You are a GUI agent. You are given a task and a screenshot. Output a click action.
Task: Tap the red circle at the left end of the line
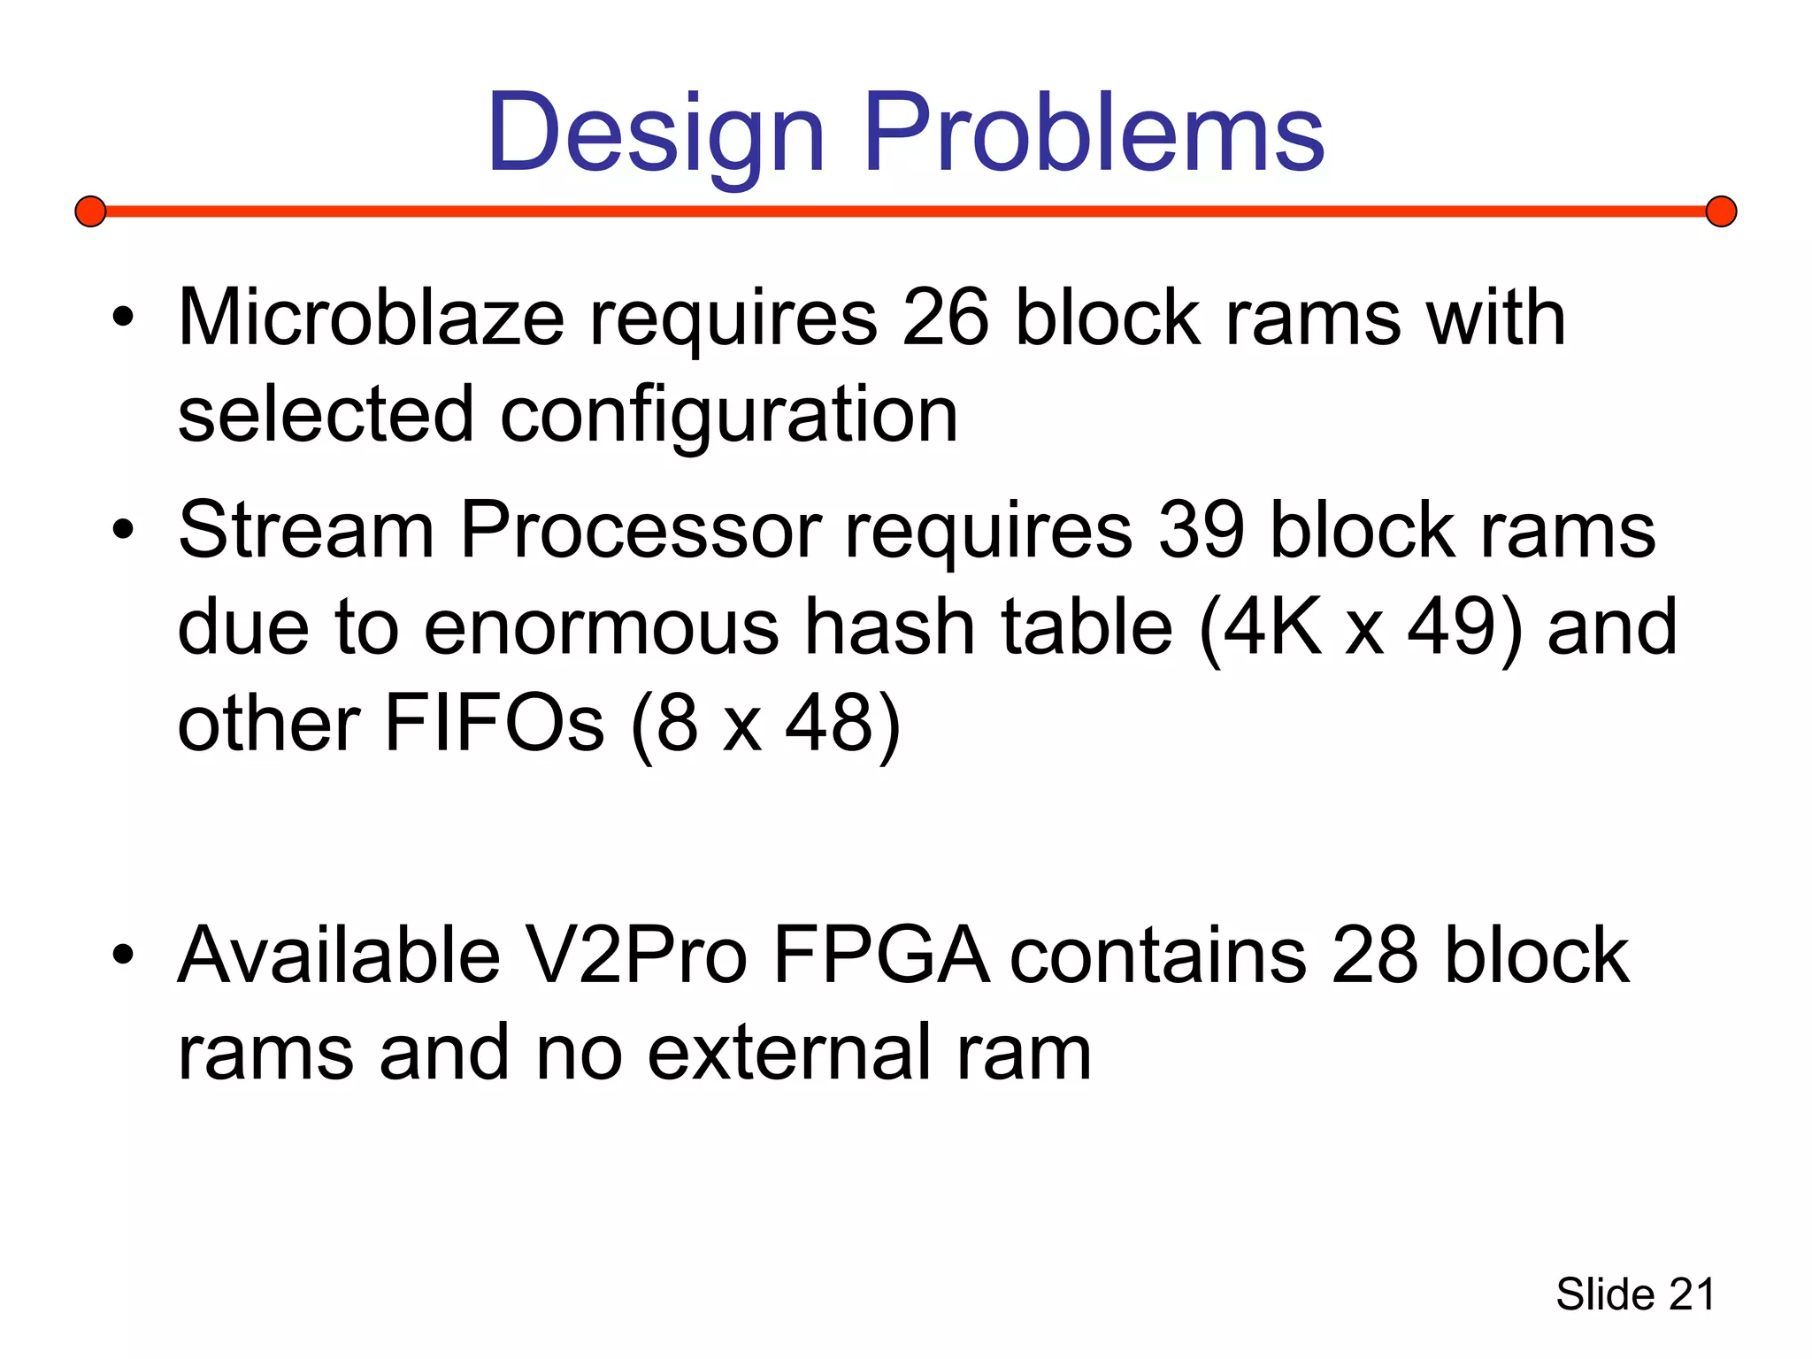coord(90,211)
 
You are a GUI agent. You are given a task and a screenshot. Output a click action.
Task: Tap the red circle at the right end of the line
coord(1721,211)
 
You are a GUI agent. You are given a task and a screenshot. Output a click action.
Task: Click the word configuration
coord(729,415)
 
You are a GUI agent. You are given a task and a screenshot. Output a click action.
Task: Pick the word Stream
coord(306,530)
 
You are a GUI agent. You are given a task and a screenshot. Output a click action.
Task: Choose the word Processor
coord(641,530)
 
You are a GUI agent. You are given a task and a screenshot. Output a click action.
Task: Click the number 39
coord(1202,530)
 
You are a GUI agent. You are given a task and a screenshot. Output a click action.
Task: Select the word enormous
coord(602,627)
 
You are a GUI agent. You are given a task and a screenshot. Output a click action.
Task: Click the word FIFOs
coord(494,723)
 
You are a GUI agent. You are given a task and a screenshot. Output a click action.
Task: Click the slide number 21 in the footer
coord(1692,1295)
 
